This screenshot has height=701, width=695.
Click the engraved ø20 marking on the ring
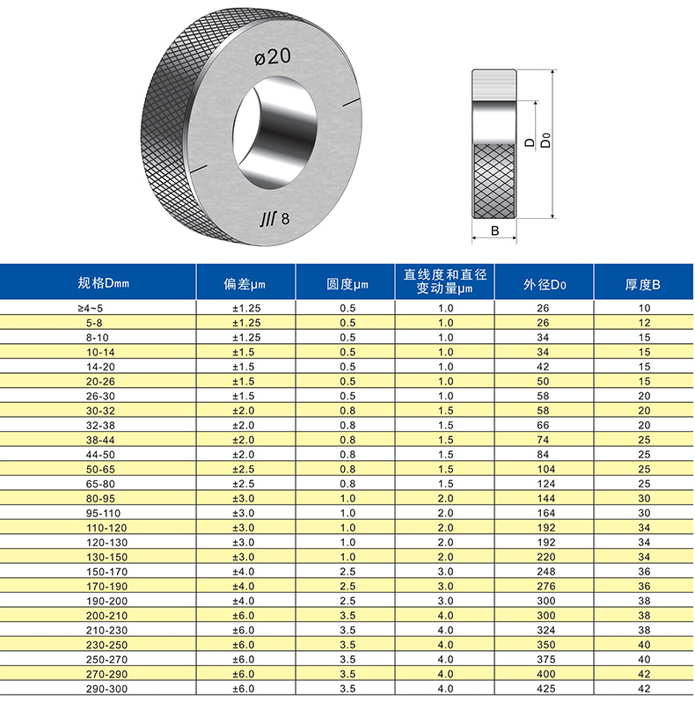(273, 58)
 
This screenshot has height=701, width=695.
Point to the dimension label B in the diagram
(494, 230)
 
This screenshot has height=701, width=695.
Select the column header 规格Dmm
(103, 283)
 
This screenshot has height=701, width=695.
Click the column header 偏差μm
(245, 283)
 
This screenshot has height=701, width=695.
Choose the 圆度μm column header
(347, 283)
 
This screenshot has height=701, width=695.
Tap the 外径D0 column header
(545, 283)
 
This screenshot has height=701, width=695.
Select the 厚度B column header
(643, 283)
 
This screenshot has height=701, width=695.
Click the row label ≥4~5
(98, 308)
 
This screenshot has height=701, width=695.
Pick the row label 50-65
(98, 469)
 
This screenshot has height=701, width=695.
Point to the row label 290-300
(98, 689)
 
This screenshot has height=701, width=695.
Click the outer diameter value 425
(544, 689)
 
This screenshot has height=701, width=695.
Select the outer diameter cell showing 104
(544, 469)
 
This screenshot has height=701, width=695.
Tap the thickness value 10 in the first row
(644, 308)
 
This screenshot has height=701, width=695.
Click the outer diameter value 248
(544, 572)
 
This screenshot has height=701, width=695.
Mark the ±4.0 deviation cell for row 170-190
(245, 586)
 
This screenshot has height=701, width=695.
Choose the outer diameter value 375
(544, 660)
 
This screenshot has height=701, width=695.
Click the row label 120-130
(98, 542)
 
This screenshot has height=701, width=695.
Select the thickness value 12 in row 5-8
(644, 323)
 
